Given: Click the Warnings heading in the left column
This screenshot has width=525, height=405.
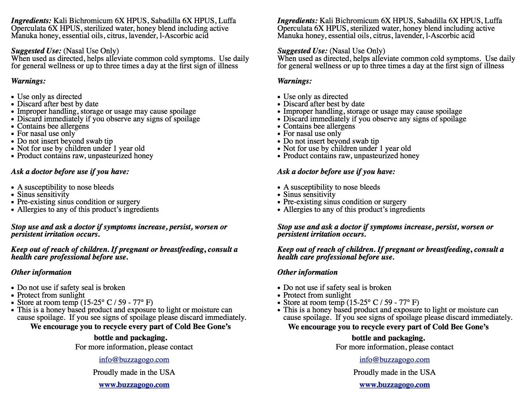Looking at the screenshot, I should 28,81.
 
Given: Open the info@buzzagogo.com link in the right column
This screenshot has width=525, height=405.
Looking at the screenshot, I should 395,360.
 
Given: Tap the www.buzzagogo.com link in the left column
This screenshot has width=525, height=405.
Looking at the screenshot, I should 134,385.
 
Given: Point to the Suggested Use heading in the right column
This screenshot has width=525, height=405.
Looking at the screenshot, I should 302,51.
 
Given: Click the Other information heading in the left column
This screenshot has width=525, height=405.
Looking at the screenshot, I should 41,272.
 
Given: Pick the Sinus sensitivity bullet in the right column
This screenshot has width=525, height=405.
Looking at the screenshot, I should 309,194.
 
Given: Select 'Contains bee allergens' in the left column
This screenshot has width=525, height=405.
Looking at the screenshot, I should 53,126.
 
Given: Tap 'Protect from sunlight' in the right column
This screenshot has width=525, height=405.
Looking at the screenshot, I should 317,295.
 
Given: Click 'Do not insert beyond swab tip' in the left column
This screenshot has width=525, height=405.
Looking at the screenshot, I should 65,141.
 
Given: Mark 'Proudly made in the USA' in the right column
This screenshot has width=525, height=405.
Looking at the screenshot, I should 394,372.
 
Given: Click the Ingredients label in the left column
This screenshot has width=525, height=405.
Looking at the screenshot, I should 31,21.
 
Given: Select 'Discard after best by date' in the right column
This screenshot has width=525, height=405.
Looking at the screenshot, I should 324,104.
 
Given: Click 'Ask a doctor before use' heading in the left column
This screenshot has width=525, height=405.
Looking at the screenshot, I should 70,172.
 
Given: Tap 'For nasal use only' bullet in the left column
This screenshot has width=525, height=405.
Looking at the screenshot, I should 46,133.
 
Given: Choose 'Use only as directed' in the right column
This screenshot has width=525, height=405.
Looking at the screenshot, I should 316,97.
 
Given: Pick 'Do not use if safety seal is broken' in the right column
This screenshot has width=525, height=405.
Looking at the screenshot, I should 337,287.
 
